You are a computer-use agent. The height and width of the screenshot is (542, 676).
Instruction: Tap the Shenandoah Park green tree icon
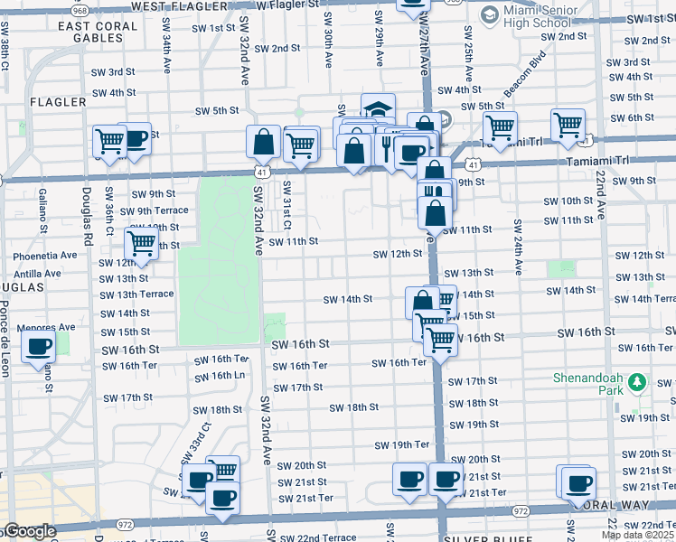pos(637,382)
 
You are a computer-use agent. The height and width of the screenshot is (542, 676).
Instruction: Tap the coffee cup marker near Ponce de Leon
pos(38,347)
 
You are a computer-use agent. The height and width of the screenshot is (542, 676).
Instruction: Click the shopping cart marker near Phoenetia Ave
pos(141,244)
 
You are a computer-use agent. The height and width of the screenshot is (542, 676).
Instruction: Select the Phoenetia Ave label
pos(45,256)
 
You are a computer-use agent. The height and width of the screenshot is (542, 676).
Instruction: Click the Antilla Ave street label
pos(37,273)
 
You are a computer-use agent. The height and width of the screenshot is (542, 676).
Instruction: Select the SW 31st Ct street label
pos(286,204)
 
